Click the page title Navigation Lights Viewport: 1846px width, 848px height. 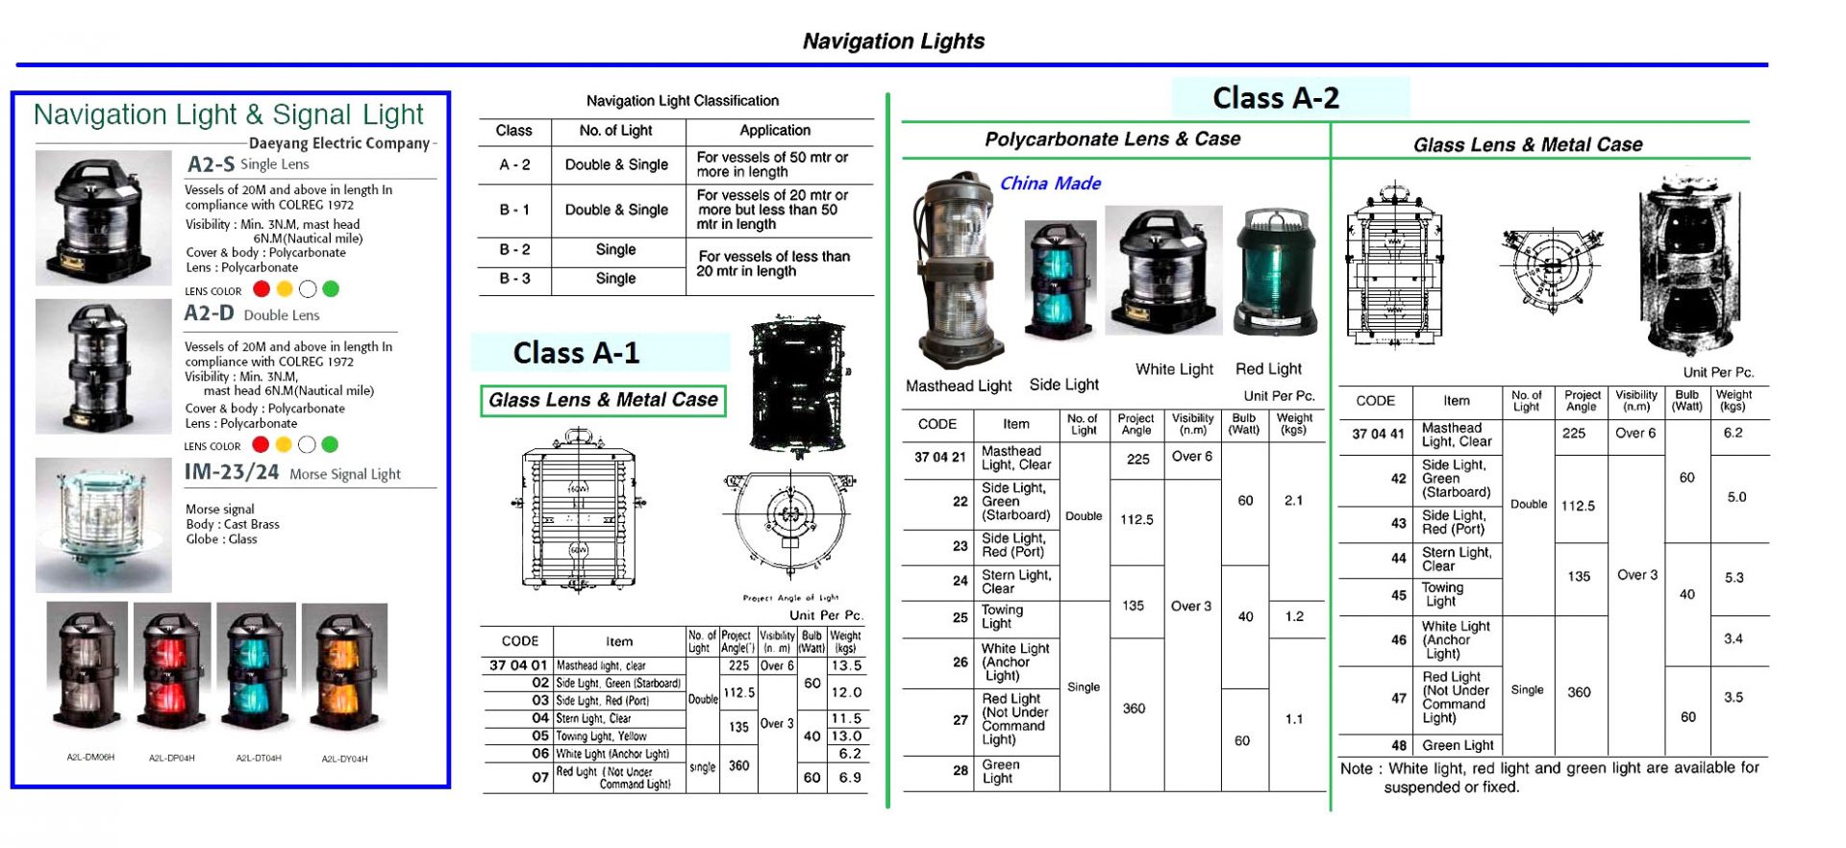(x=893, y=41)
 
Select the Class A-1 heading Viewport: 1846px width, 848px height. (x=576, y=353)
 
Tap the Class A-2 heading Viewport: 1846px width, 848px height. (x=1275, y=98)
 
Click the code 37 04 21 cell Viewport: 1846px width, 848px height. (x=939, y=458)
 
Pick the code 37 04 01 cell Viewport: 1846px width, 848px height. (x=518, y=665)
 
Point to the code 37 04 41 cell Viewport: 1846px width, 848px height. (x=1378, y=434)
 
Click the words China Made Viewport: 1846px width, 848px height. (x=1050, y=184)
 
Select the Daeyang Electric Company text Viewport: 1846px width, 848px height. (x=339, y=143)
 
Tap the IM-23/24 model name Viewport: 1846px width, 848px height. (x=232, y=472)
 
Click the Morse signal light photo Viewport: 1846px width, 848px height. (x=103, y=524)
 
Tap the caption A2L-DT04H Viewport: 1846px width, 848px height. (x=259, y=759)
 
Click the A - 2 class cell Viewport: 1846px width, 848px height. (x=514, y=164)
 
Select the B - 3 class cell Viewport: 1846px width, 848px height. (x=514, y=279)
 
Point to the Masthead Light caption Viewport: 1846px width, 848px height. (x=959, y=386)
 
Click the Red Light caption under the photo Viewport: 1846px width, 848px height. (x=1268, y=369)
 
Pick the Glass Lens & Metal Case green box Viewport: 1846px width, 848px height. (x=603, y=400)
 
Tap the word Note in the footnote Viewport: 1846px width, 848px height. (x=1356, y=768)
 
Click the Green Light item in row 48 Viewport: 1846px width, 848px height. (x=1458, y=745)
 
